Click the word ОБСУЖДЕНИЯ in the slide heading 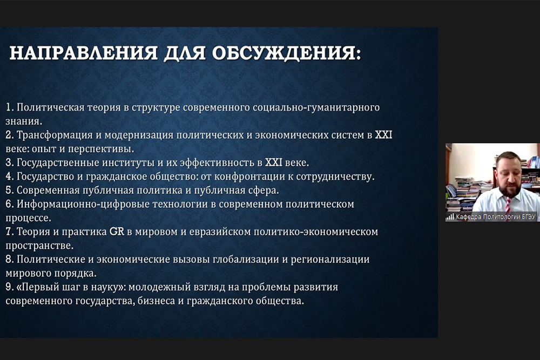(286, 53)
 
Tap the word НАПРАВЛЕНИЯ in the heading (83, 53)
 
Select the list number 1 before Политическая (9, 107)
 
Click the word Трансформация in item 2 (55, 135)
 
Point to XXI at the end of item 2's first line (383, 134)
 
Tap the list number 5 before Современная (9, 191)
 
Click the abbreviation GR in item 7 (117, 232)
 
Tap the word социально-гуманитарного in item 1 (316, 107)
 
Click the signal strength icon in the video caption (450, 217)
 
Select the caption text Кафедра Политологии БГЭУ (496, 217)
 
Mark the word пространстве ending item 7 (39, 246)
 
